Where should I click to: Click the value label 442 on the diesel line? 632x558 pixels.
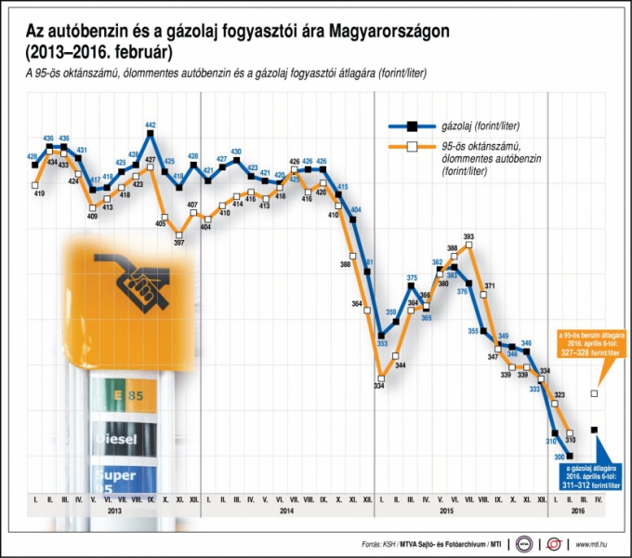(151, 126)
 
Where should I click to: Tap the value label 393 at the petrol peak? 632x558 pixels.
(468, 236)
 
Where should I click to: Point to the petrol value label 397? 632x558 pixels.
(178, 243)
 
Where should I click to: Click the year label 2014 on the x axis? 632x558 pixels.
(286, 511)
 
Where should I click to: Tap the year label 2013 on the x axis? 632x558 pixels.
(113, 511)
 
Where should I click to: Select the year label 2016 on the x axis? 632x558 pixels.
(576, 511)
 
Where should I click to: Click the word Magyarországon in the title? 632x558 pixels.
(381, 32)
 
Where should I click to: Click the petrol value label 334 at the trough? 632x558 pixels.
(379, 386)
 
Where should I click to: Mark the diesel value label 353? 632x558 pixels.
(381, 344)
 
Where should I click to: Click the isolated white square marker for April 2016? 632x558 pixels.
(595, 394)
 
